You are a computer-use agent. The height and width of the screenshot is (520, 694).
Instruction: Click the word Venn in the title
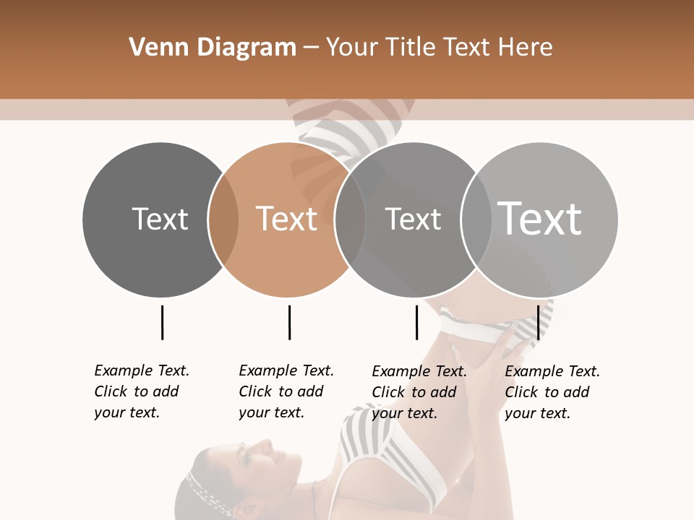click(x=154, y=48)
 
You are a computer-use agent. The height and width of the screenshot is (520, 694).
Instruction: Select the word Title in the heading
click(x=408, y=48)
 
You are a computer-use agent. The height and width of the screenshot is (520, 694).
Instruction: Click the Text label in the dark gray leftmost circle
click(x=160, y=219)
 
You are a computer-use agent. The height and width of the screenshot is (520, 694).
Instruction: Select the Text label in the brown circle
click(x=286, y=219)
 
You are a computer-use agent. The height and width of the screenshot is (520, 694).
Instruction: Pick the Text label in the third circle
click(x=413, y=219)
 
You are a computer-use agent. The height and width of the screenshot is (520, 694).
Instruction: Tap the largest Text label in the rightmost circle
click(x=539, y=218)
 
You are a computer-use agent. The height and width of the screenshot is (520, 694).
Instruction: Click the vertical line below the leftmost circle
click(x=162, y=322)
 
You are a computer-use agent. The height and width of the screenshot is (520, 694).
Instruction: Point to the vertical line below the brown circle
click(x=289, y=322)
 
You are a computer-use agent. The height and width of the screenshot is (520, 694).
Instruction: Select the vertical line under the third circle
click(x=416, y=322)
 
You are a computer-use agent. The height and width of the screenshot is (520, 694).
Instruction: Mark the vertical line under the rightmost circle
click(x=539, y=322)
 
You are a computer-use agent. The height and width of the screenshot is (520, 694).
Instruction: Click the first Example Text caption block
click(x=142, y=391)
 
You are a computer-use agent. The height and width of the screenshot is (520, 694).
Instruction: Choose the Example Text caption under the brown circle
click(x=286, y=391)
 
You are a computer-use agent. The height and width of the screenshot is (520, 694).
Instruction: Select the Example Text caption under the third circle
click(x=419, y=392)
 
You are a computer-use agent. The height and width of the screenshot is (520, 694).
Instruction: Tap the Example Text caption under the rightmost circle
click(x=552, y=392)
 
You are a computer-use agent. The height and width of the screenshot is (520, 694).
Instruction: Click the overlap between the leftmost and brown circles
click(x=223, y=219)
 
